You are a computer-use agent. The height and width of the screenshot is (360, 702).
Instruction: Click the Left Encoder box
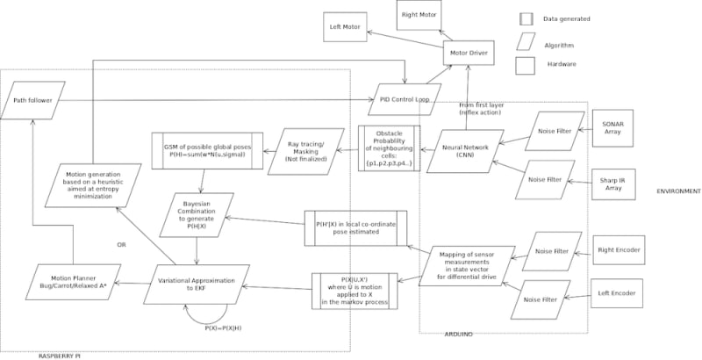click(619, 291)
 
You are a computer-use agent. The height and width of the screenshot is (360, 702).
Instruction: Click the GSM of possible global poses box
click(203, 148)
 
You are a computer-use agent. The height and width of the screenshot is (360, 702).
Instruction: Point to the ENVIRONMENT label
click(677, 191)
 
